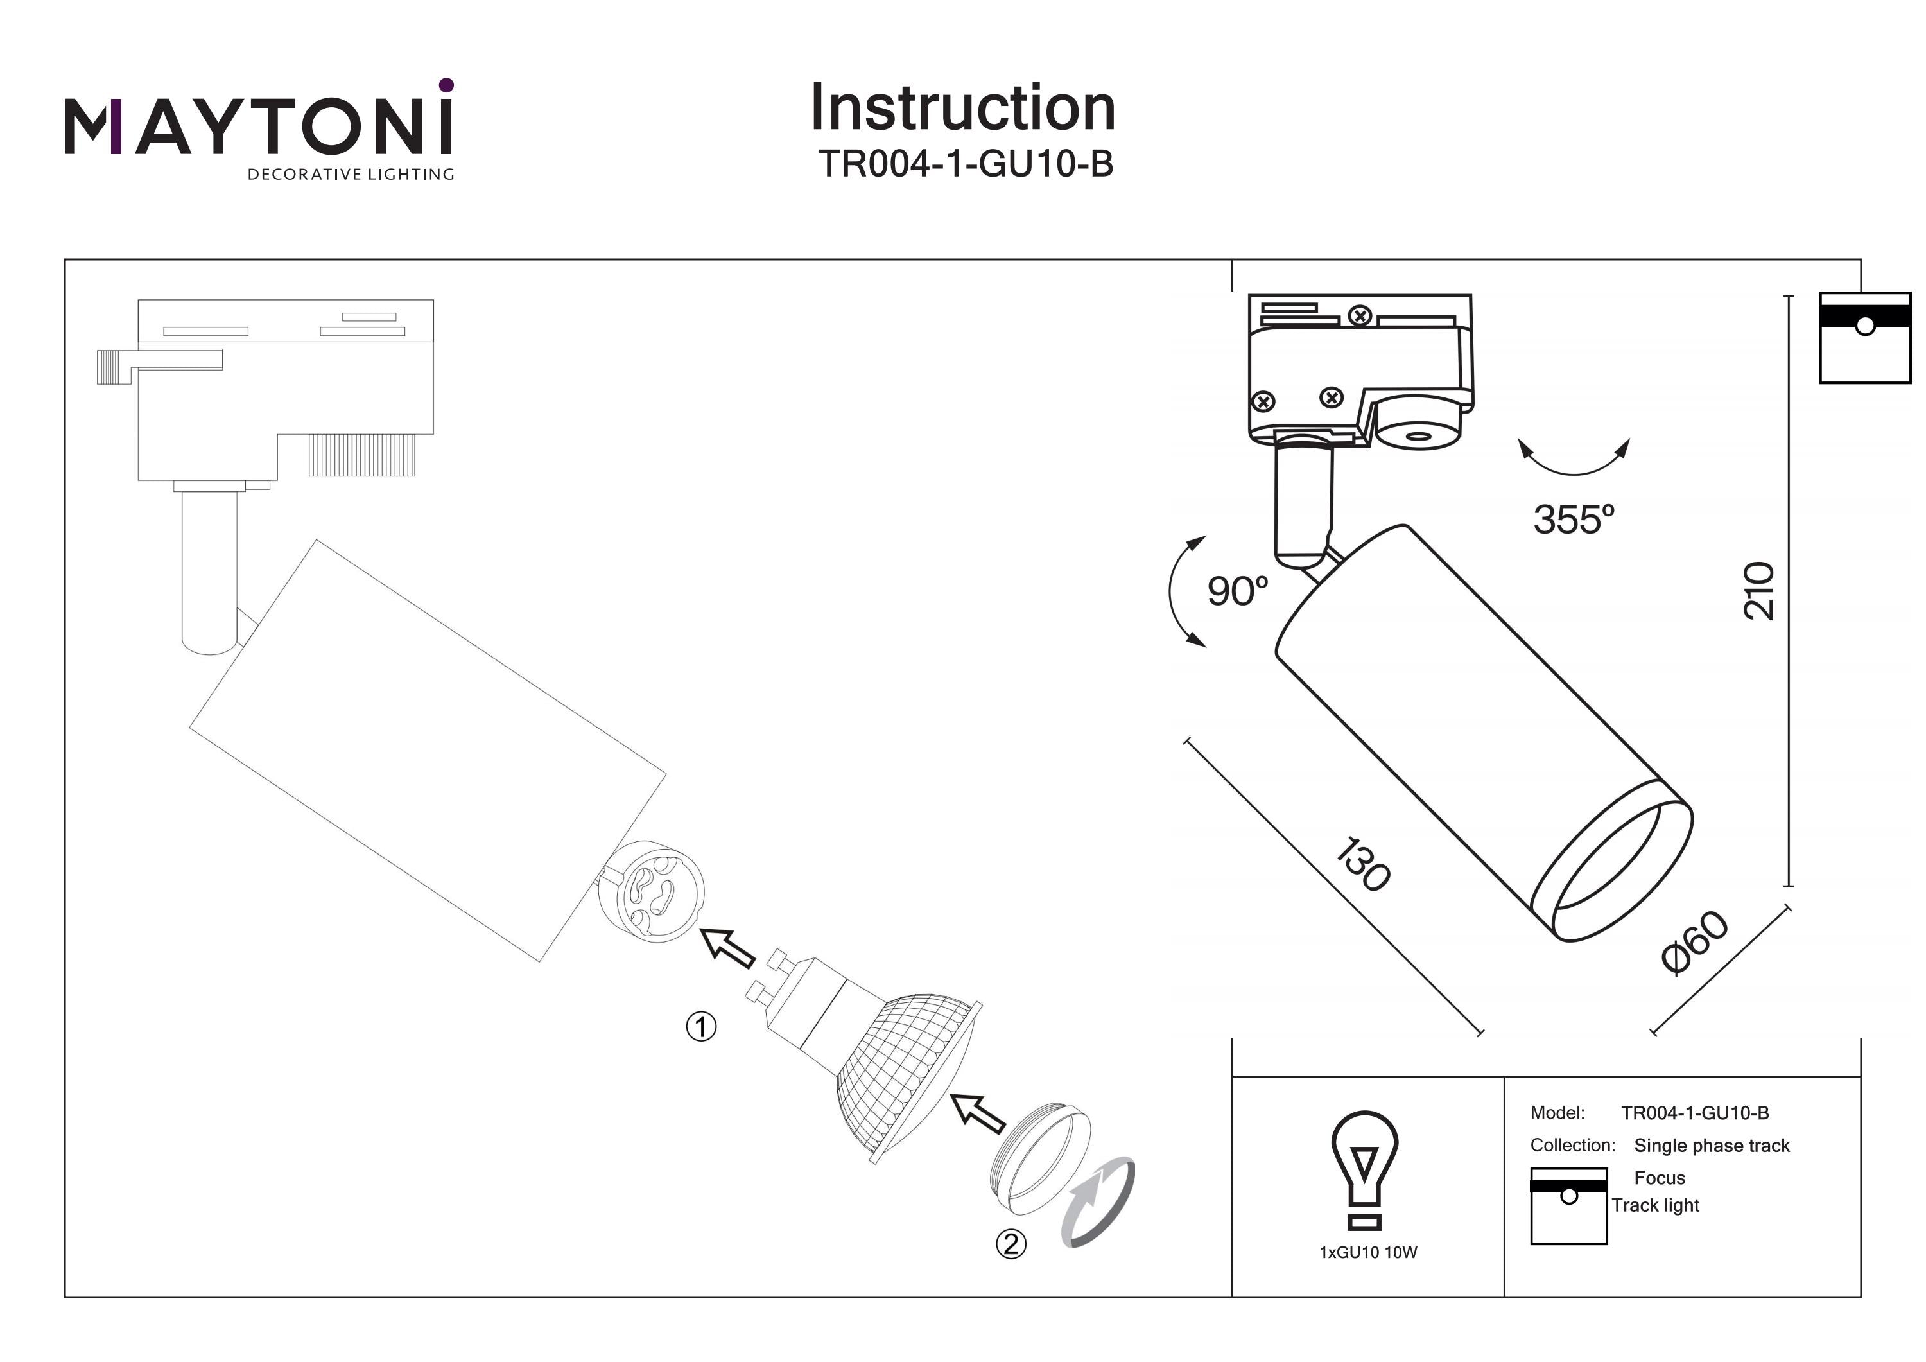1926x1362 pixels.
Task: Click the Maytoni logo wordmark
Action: (258, 126)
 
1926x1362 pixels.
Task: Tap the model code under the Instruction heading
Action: (965, 164)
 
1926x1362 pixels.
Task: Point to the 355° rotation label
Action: (1573, 519)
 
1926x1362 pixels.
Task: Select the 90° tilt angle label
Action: (1237, 591)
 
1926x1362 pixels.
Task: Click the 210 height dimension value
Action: (1759, 591)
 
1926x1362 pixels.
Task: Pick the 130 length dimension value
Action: (1362, 864)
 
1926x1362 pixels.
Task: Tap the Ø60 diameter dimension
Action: (1694, 943)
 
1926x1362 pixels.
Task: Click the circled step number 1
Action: (701, 1027)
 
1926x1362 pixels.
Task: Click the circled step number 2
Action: (1011, 1244)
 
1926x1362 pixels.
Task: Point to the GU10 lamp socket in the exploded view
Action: (652, 891)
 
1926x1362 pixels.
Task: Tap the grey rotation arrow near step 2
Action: (1099, 1204)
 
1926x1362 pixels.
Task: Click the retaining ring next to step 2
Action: (1040, 1158)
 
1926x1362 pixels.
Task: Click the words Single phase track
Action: (1712, 1146)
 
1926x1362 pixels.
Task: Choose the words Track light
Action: (1655, 1206)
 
